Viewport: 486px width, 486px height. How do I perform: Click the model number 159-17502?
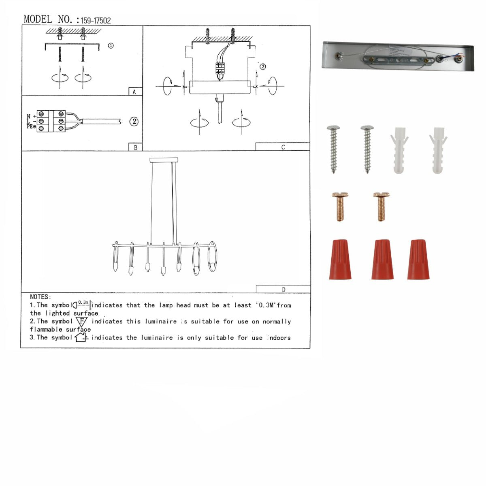96,20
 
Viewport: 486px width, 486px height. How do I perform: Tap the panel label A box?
135,92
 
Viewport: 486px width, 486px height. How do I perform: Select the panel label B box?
135,147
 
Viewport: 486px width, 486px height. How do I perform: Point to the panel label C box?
283,147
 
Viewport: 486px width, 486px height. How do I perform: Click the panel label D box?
283,289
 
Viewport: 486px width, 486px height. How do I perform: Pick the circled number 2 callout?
134,122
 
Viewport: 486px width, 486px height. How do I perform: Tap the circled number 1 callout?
111,46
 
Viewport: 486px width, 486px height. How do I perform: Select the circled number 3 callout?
263,66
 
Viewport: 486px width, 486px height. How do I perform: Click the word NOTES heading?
40,297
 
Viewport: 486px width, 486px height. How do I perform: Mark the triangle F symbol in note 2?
81,322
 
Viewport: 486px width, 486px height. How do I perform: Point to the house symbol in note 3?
81,337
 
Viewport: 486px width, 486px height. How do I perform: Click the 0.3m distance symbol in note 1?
82,305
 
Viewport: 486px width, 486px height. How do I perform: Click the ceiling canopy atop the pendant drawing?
164,160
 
